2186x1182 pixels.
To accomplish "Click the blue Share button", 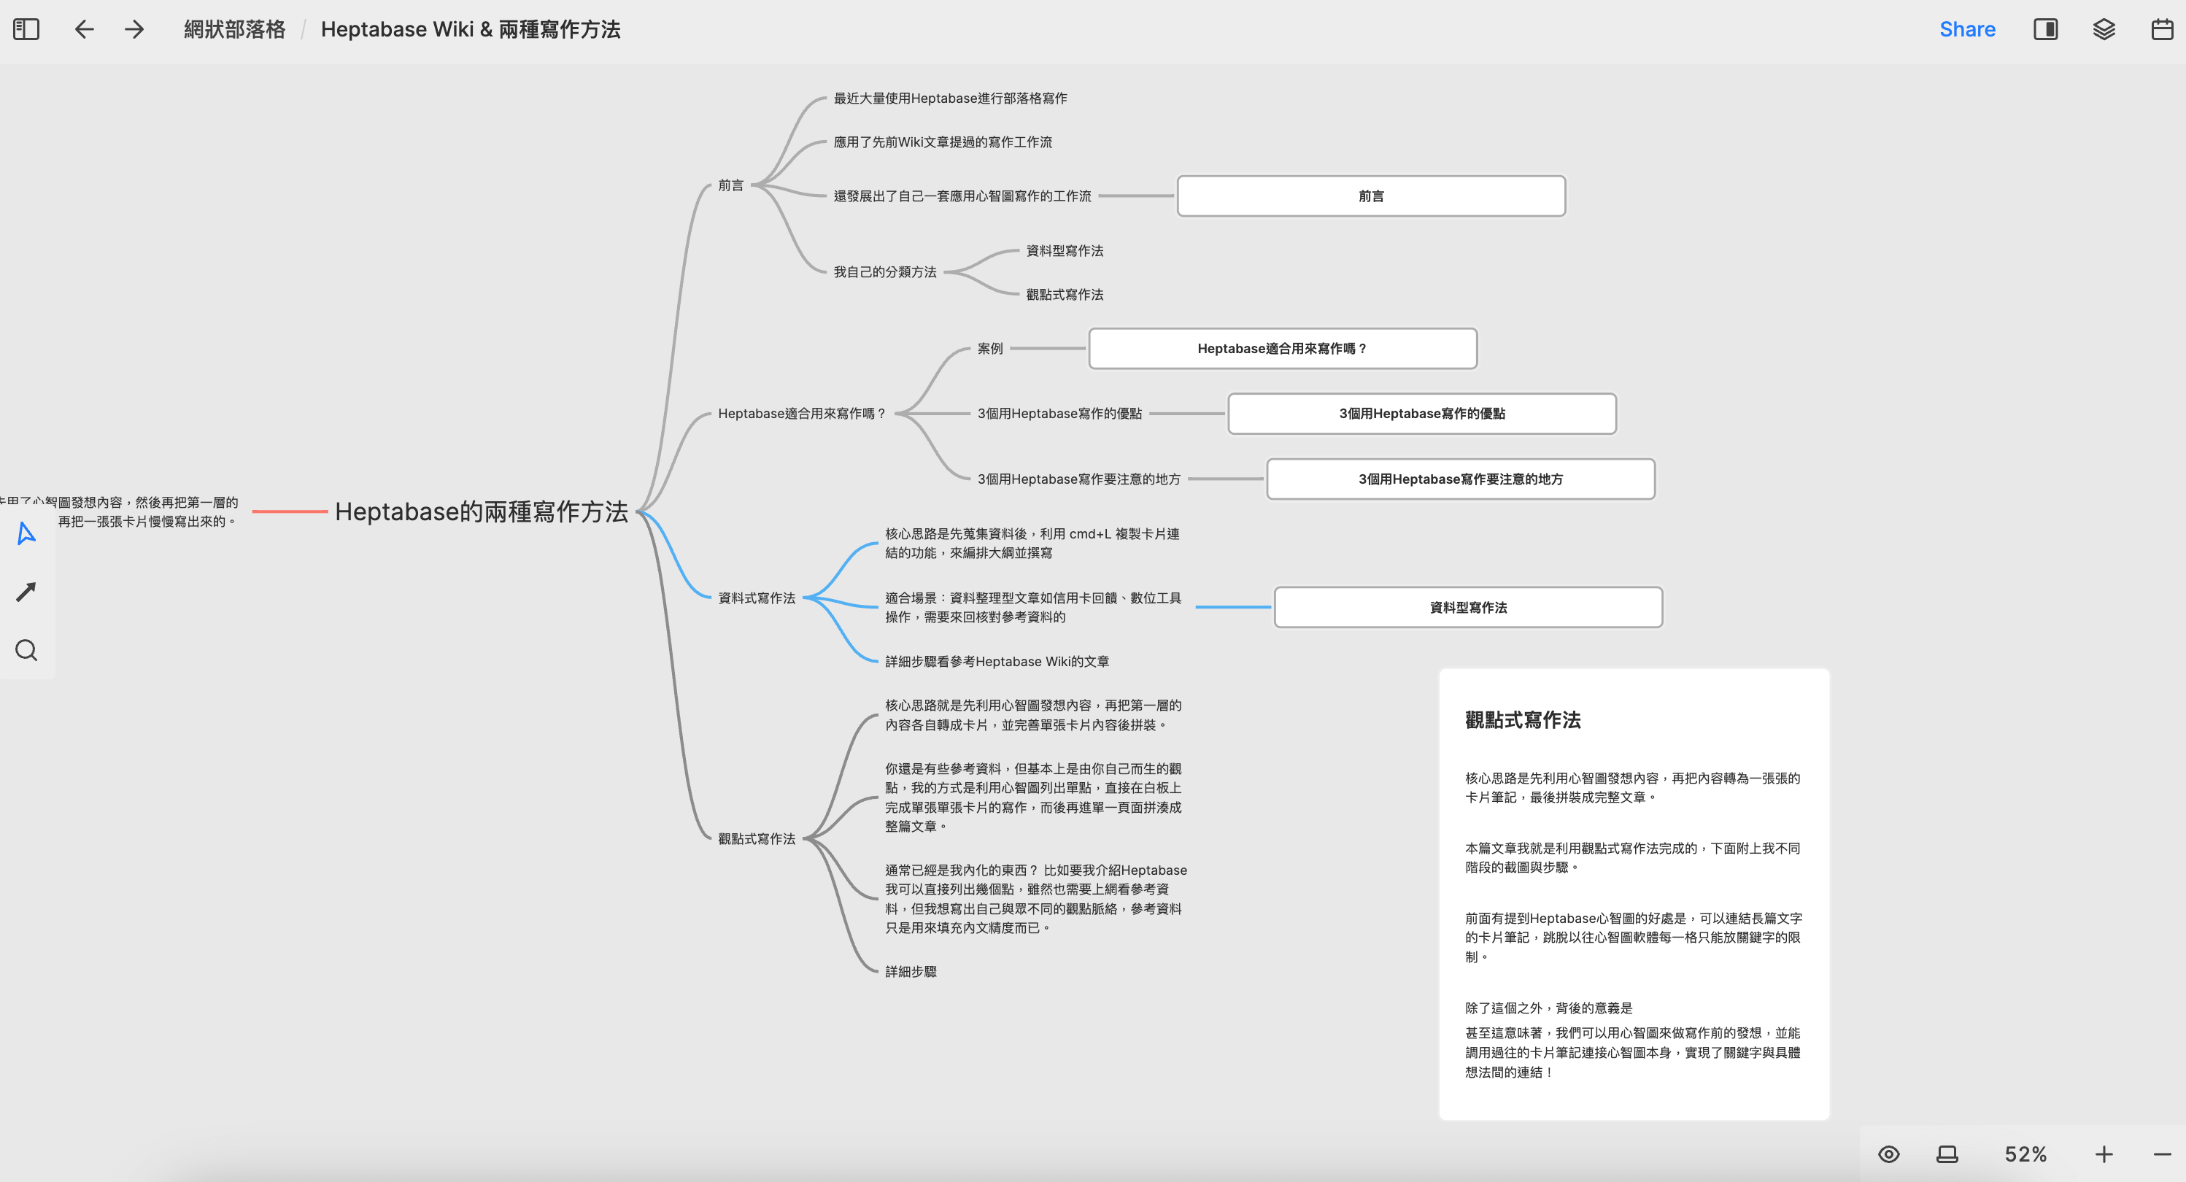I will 1966,30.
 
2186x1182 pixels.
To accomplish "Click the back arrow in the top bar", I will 84,30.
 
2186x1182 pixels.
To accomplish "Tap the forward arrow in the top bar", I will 134,30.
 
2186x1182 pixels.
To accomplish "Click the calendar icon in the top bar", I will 2161,30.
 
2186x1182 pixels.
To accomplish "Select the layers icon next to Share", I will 2103,30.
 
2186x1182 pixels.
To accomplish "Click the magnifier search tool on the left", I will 26,651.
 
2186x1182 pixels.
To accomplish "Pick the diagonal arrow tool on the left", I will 26,592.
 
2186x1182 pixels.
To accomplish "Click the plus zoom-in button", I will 2103,1154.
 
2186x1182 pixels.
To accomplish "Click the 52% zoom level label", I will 2025,1154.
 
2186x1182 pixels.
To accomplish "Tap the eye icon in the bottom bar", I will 1888,1154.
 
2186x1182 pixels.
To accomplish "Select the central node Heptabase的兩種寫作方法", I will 481,511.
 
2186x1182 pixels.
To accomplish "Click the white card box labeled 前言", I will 1370,196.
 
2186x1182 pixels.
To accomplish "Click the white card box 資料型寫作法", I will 1467,608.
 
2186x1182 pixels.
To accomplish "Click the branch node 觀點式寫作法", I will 756,839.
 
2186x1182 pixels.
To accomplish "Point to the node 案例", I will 989,349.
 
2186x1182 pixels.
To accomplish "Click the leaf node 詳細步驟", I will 911,972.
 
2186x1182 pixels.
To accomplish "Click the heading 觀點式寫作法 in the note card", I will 1522,720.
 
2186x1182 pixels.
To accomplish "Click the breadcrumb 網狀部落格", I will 234,30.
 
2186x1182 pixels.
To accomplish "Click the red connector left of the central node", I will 290,511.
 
